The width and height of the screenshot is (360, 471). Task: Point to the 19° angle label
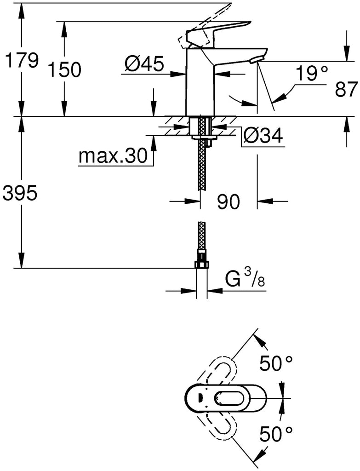(312, 74)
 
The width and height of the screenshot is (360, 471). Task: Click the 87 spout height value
(346, 89)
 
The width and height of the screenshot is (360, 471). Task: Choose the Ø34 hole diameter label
(263, 136)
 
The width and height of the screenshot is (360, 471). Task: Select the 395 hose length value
(20, 194)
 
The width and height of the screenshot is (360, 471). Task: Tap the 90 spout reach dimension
(229, 202)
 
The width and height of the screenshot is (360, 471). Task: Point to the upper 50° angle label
(276, 364)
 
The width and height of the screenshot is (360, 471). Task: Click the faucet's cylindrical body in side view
(200, 83)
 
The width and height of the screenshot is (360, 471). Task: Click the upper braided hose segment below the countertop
(202, 166)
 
